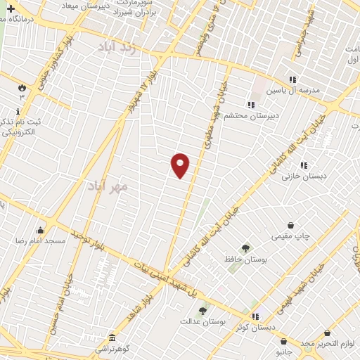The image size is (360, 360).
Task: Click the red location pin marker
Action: click(181, 165)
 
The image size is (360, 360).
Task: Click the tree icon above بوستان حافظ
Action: click(245, 247)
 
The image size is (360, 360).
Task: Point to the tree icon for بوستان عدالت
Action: click(202, 310)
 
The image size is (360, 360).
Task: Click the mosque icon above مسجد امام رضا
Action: click(40, 229)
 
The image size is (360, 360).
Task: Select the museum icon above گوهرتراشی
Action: click(112, 337)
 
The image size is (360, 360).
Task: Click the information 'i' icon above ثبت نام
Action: click(18, 112)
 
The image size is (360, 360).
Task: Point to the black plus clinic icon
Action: click(11, 8)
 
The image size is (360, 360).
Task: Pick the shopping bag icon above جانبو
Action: click(282, 336)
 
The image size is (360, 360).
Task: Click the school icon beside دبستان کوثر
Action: click(255, 316)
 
